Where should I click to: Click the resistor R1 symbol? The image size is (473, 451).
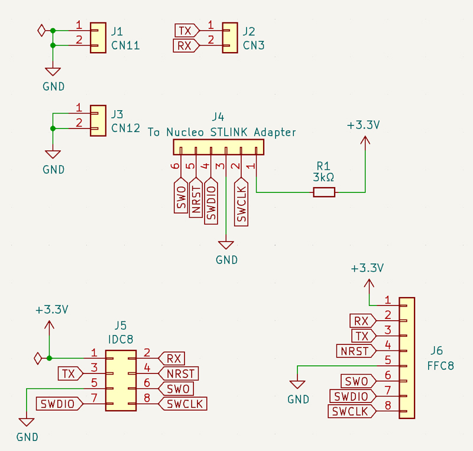pyautogui.click(x=324, y=192)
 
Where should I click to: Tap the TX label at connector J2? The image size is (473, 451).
pyautogui.click(x=187, y=31)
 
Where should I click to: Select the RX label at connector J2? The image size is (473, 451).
pyautogui.click(x=186, y=46)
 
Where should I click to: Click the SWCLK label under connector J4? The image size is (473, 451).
pyautogui.click(x=241, y=202)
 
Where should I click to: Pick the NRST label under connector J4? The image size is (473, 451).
pyautogui.click(x=196, y=198)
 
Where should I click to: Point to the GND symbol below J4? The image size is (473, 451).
pyautogui.click(x=226, y=245)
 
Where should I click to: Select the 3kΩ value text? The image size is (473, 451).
pyautogui.click(x=323, y=177)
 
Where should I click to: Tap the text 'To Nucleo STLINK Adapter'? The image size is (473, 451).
pyautogui.click(x=222, y=132)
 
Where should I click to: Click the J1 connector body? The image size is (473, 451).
pyautogui.click(x=98, y=38)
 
